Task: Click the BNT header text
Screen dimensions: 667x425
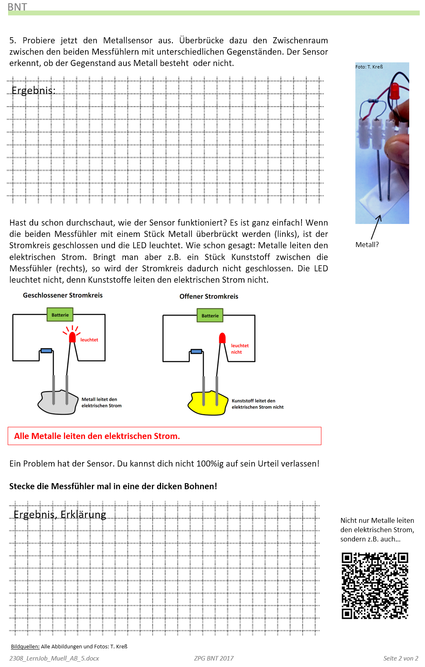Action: (x=17, y=6)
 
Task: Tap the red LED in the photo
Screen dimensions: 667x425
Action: (x=395, y=90)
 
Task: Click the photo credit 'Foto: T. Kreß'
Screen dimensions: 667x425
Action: (x=369, y=67)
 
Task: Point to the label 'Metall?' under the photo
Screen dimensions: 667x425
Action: (x=367, y=245)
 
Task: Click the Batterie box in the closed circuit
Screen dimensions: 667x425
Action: (x=60, y=315)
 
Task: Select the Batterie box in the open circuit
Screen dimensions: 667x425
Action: (x=210, y=315)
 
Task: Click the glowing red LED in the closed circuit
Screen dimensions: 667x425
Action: (x=72, y=337)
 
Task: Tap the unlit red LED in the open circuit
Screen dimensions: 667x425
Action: (x=222, y=338)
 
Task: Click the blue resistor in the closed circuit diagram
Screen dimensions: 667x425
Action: (x=46, y=351)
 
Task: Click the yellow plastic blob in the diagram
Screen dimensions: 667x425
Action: (x=207, y=404)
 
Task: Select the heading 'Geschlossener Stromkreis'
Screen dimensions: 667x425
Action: (x=63, y=295)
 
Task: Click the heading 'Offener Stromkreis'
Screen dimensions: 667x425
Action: (x=209, y=296)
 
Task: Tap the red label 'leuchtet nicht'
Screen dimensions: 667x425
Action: (x=239, y=349)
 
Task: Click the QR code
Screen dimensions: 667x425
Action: (x=375, y=586)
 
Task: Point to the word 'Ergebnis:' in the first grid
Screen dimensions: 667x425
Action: (x=33, y=90)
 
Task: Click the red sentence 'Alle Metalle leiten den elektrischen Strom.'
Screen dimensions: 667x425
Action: (x=97, y=436)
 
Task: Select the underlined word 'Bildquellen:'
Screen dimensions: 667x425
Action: (x=25, y=646)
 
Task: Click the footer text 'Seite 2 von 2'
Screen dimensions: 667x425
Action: (x=400, y=658)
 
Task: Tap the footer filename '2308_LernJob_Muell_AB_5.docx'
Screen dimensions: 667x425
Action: (x=54, y=658)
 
